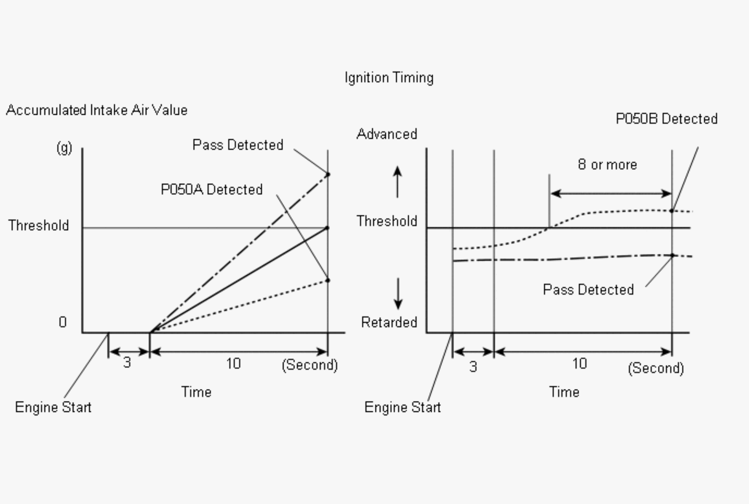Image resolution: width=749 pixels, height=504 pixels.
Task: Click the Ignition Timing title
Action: click(389, 78)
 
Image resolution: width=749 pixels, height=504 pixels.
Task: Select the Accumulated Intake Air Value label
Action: click(97, 110)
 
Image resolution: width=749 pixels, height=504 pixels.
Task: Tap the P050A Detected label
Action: click(211, 190)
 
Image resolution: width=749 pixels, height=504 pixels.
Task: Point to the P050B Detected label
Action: click(666, 119)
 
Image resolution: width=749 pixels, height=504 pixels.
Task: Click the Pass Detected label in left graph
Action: click(238, 145)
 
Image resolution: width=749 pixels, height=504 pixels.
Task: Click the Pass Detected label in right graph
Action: click(588, 290)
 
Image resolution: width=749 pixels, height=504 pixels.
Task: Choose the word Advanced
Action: click(387, 134)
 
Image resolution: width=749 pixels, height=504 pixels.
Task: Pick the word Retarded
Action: click(389, 323)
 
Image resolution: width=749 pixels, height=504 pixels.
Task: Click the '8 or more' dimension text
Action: click(607, 165)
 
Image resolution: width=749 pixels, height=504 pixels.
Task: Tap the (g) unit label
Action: click(64, 148)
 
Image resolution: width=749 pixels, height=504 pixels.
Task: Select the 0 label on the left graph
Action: click(63, 322)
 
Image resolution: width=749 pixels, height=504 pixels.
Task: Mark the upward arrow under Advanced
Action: click(397, 181)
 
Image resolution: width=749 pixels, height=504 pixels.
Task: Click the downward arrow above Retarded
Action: click(398, 294)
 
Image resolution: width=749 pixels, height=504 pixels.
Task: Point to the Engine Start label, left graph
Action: click(53, 407)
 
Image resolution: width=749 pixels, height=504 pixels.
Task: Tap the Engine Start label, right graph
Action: click(402, 407)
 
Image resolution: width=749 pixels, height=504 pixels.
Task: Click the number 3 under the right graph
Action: click(473, 367)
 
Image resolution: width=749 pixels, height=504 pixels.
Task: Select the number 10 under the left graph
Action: click(233, 364)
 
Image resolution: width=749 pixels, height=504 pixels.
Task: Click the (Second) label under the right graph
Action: click(656, 368)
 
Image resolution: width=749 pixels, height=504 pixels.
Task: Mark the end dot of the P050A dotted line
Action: click(328, 280)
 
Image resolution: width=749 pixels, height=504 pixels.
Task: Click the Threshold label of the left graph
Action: click(38, 225)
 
